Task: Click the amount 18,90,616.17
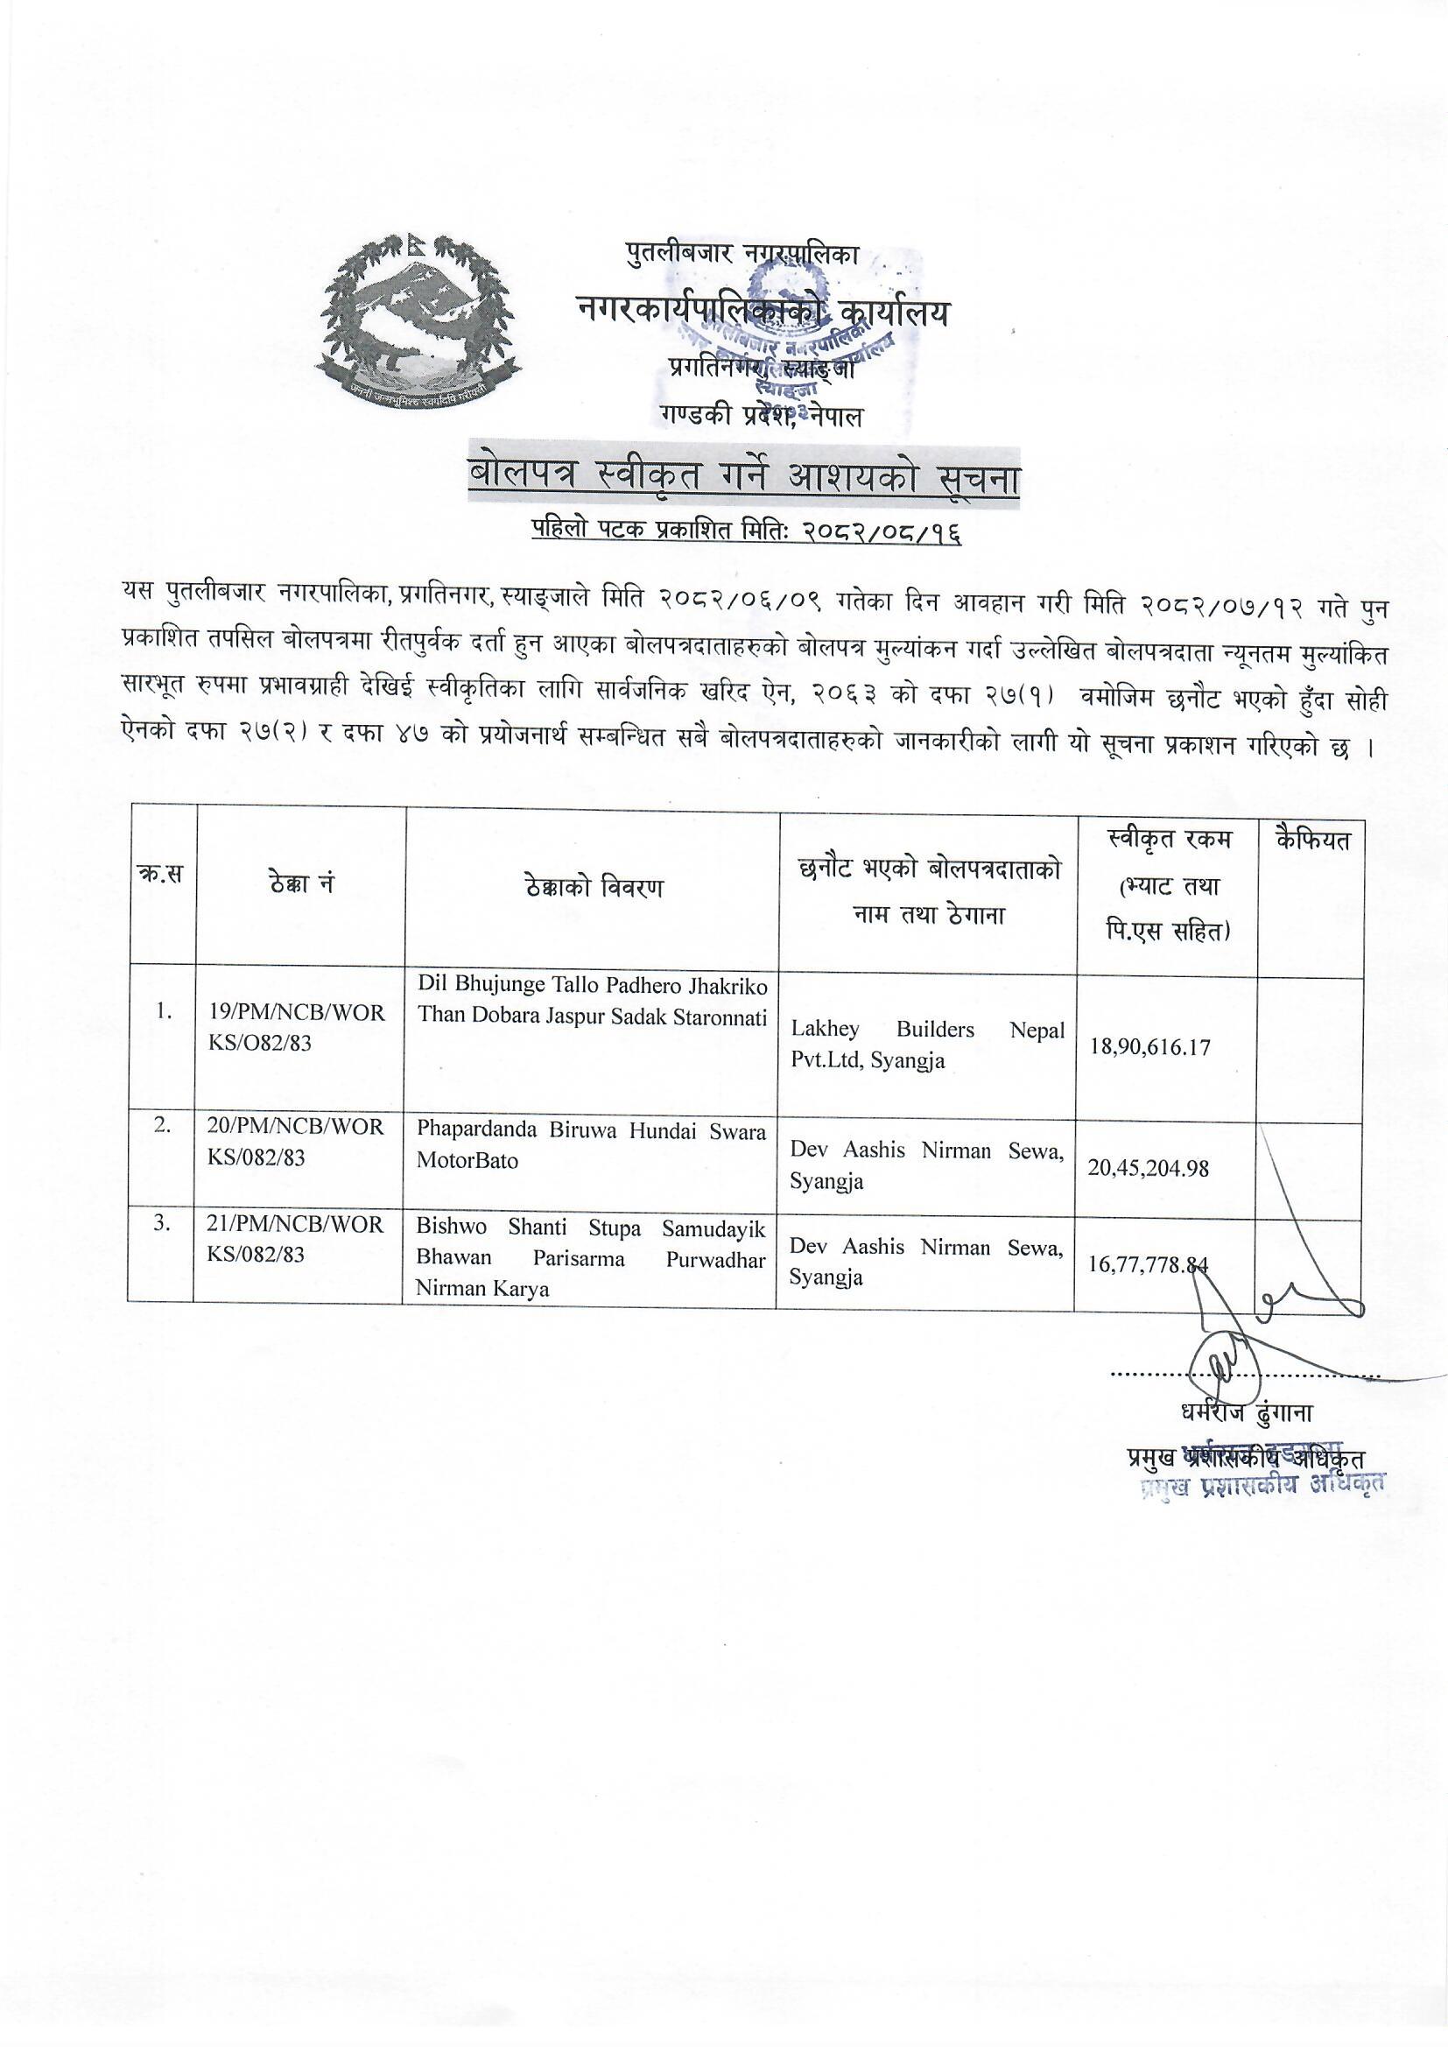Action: pyautogui.click(x=1149, y=1045)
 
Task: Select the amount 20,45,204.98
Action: pyautogui.click(x=1149, y=1167)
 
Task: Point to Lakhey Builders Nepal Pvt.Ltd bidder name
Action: pyautogui.click(x=927, y=1044)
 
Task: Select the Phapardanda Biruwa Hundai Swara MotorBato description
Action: pyautogui.click(x=591, y=1146)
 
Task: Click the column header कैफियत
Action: pyautogui.click(x=1311, y=841)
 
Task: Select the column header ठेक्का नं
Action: pyautogui.click(x=300, y=886)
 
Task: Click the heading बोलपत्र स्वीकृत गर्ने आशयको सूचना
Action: pyautogui.click(x=744, y=482)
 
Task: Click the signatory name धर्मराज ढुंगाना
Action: pyautogui.click(x=1246, y=1413)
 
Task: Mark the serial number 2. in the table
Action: pyautogui.click(x=162, y=1125)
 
